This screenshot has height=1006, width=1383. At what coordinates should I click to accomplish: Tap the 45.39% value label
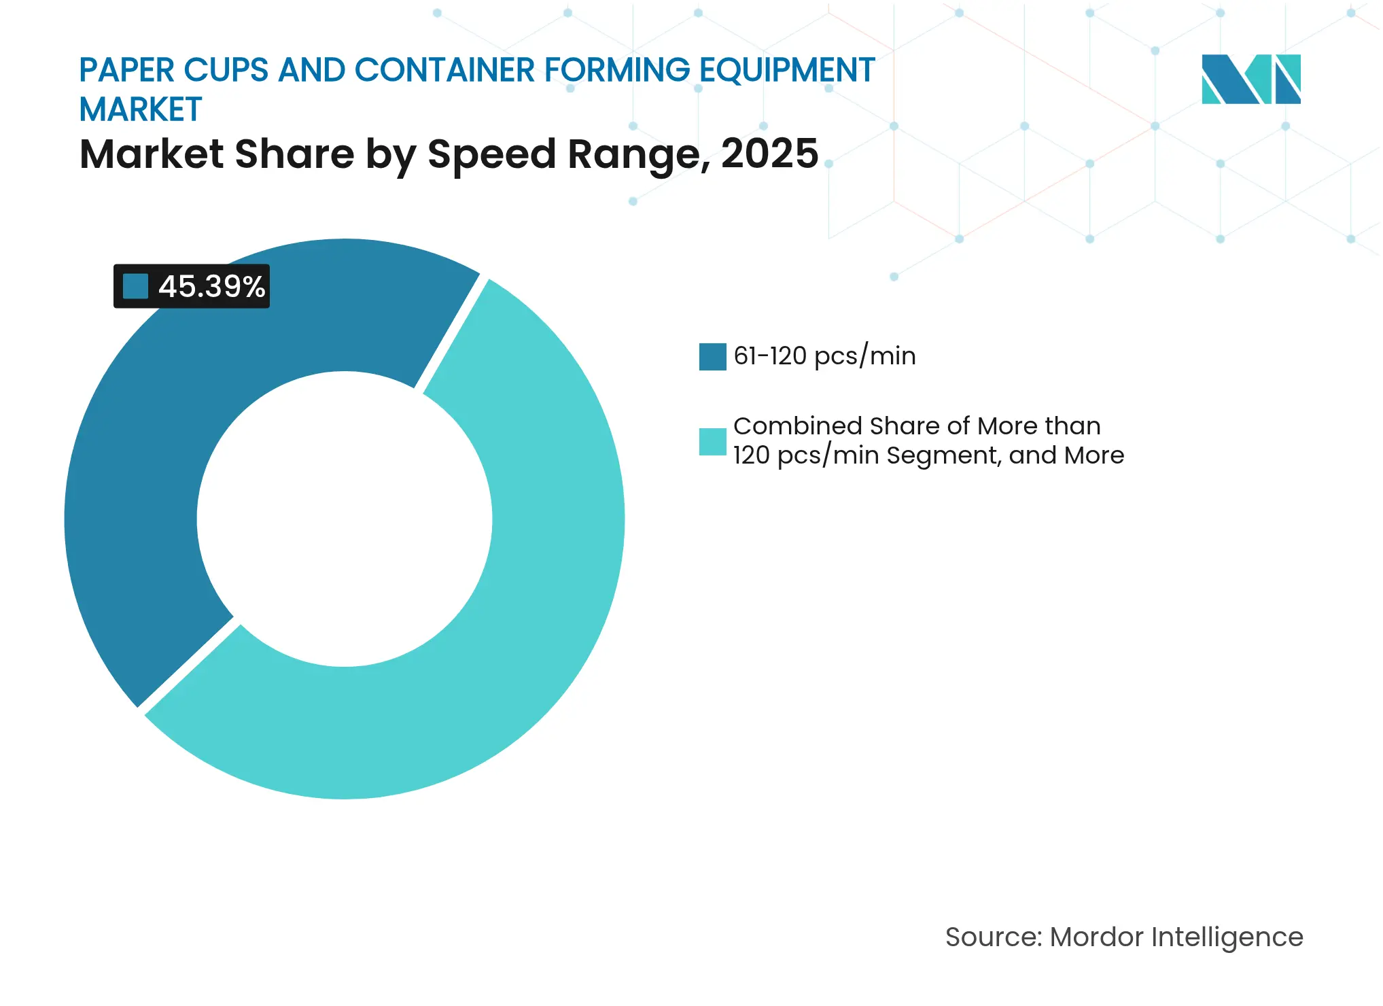click(211, 286)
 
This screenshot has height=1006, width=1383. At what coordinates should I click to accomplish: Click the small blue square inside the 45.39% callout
click(135, 286)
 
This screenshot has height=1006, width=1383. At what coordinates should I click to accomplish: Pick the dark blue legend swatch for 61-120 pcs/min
click(712, 357)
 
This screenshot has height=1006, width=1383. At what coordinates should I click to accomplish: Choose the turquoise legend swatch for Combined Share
click(712, 442)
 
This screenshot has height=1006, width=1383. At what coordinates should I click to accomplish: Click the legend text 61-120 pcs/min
click(824, 356)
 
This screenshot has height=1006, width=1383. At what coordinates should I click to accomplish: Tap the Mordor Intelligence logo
click(1250, 79)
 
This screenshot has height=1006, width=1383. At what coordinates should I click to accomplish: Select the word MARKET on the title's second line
click(141, 109)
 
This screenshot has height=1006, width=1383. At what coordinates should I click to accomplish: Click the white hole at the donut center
click(345, 519)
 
